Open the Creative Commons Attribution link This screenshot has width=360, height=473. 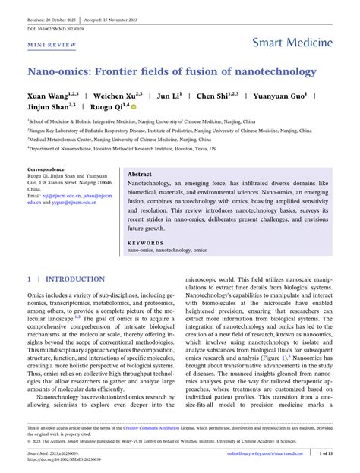158,428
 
